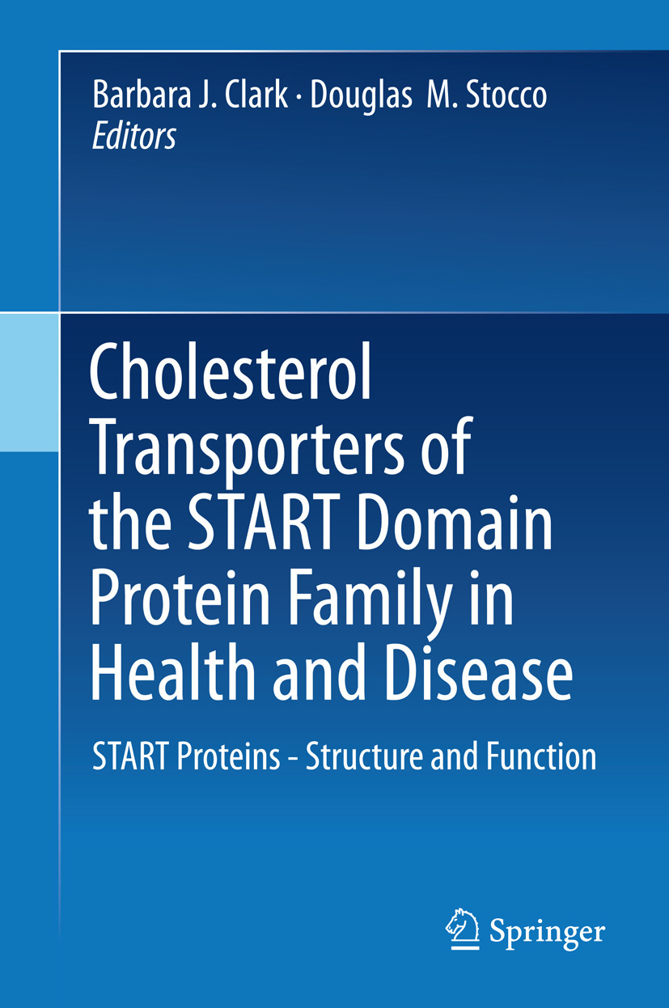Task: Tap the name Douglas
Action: coord(358,95)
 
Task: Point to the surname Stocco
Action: coord(502,95)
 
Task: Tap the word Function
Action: coord(541,756)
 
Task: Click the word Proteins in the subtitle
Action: coord(231,758)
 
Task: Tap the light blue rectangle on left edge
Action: coord(29,382)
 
